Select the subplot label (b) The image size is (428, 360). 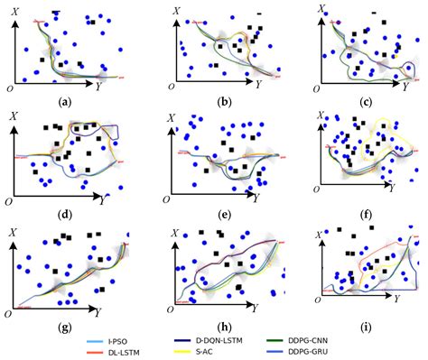[x=222, y=101]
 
